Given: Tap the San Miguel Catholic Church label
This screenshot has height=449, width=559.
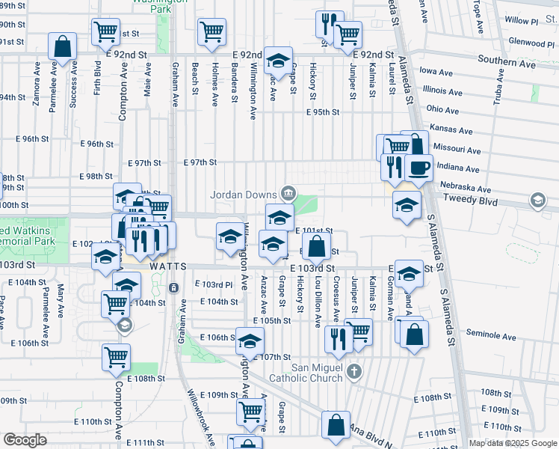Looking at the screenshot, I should (317, 372).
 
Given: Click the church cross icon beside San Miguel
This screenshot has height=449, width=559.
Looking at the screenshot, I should (354, 371).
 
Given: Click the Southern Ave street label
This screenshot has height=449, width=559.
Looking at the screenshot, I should (507, 63).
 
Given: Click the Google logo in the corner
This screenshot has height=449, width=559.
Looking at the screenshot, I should (25, 440).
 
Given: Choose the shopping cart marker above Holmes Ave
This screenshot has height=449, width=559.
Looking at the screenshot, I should (212, 31).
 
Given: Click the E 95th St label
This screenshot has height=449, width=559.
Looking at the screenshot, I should (323, 112).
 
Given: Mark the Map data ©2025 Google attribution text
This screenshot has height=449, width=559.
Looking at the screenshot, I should (512, 443).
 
